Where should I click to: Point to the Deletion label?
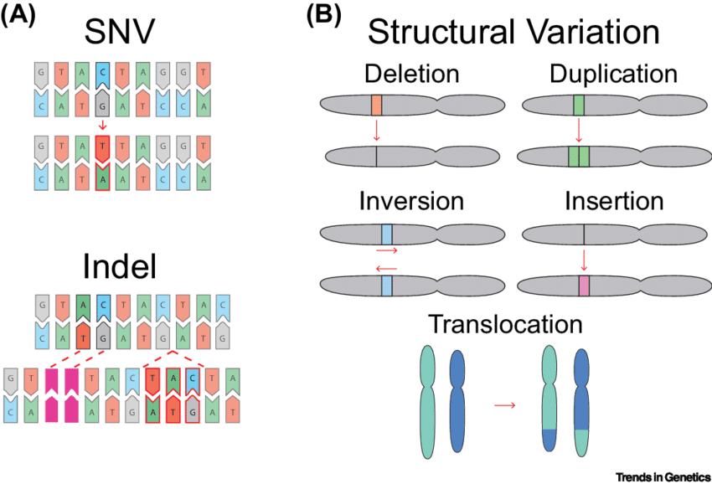pyautogui.click(x=411, y=75)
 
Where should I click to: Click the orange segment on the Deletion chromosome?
pyautogui.click(x=376, y=106)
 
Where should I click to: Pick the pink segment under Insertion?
pyautogui.click(x=583, y=285)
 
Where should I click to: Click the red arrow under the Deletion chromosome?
pyautogui.click(x=376, y=130)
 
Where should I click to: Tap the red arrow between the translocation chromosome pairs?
pyautogui.click(x=503, y=405)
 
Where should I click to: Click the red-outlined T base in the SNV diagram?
pyautogui.click(x=103, y=149)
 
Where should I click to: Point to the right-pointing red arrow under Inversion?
pyautogui.click(x=386, y=250)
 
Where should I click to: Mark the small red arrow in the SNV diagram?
pyautogui.click(x=103, y=124)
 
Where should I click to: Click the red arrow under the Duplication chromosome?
pyautogui.click(x=579, y=130)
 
